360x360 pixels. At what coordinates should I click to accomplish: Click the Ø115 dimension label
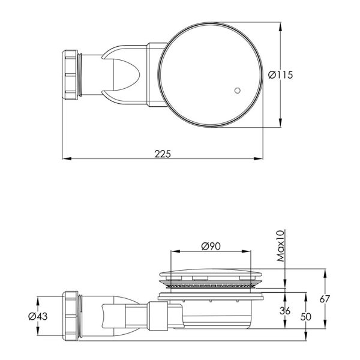(x=280, y=75)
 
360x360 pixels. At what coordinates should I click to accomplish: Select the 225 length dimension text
(x=163, y=154)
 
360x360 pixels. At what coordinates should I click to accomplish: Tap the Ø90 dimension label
(x=211, y=246)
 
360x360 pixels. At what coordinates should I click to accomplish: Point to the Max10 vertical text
(x=281, y=246)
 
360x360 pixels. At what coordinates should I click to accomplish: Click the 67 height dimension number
(x=325, y=299)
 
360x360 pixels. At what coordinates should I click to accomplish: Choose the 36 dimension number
(x=285, y=311)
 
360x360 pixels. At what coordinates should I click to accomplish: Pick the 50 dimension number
(x=306, y=317)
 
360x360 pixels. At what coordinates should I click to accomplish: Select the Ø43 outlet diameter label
(x=38, y=316)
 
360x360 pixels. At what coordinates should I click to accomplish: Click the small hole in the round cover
(x=238, y=91)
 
